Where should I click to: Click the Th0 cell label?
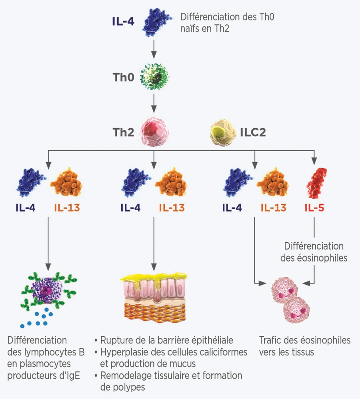tap(123, 77)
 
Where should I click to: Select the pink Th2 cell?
tap(154, 132)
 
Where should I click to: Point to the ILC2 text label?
tap(253, 132)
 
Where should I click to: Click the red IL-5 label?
tap(314, 208)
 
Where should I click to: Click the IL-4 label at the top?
tap(123, 22)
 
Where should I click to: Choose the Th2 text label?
tap(123, 132)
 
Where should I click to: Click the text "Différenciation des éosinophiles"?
tap(314, 252)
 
